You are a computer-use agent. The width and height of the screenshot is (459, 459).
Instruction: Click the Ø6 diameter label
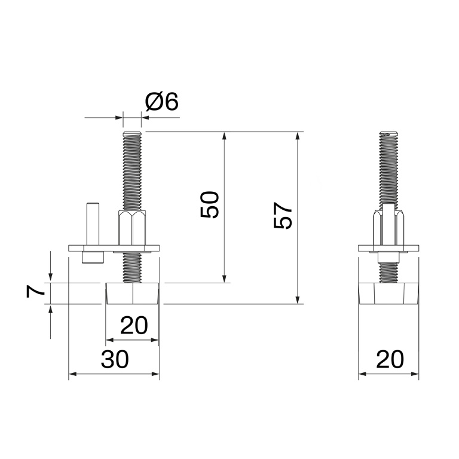[x=162, y=102]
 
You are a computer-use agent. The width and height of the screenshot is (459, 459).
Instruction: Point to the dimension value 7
[x=36, y=292]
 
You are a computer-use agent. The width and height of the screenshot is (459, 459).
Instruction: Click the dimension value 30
[x=114, y=360]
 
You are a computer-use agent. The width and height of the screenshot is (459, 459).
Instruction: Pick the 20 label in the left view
[x=134, y=326]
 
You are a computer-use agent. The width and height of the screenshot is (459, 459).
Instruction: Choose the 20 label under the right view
[x=389, y=360]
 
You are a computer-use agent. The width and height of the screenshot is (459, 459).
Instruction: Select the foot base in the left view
[x=132, y=293]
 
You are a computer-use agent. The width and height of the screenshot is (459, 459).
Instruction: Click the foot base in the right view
[x=388, y=293]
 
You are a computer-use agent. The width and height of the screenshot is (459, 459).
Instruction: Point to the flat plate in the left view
[x=114, y=248]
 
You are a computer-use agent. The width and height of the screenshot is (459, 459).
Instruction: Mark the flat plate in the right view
[x=388, y=248]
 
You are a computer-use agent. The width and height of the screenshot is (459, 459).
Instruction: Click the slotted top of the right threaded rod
[x=388, y=134]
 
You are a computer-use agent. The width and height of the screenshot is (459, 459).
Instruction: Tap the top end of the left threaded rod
[x=132, y=134]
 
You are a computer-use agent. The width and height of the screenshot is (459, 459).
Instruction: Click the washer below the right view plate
[x=388, y=256]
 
